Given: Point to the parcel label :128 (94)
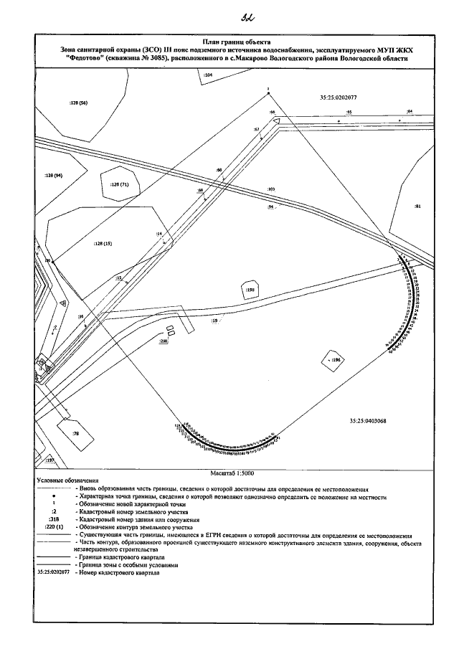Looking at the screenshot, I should pyautogui.click(x=53, y=175).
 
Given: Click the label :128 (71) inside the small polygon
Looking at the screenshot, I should pyautogui.click(x=120, y=184).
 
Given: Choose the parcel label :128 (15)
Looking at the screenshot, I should pyautogui.click(x=103, y=245).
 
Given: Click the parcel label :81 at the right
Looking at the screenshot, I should pyautogui.click(x=418, y=206).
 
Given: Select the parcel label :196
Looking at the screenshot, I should pyautogui.click(x=336, y=359).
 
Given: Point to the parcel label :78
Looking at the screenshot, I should pyautogui.click(x=75, y=433).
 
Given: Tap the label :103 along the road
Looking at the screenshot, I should pyautogui.click(x=271, y=189).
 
